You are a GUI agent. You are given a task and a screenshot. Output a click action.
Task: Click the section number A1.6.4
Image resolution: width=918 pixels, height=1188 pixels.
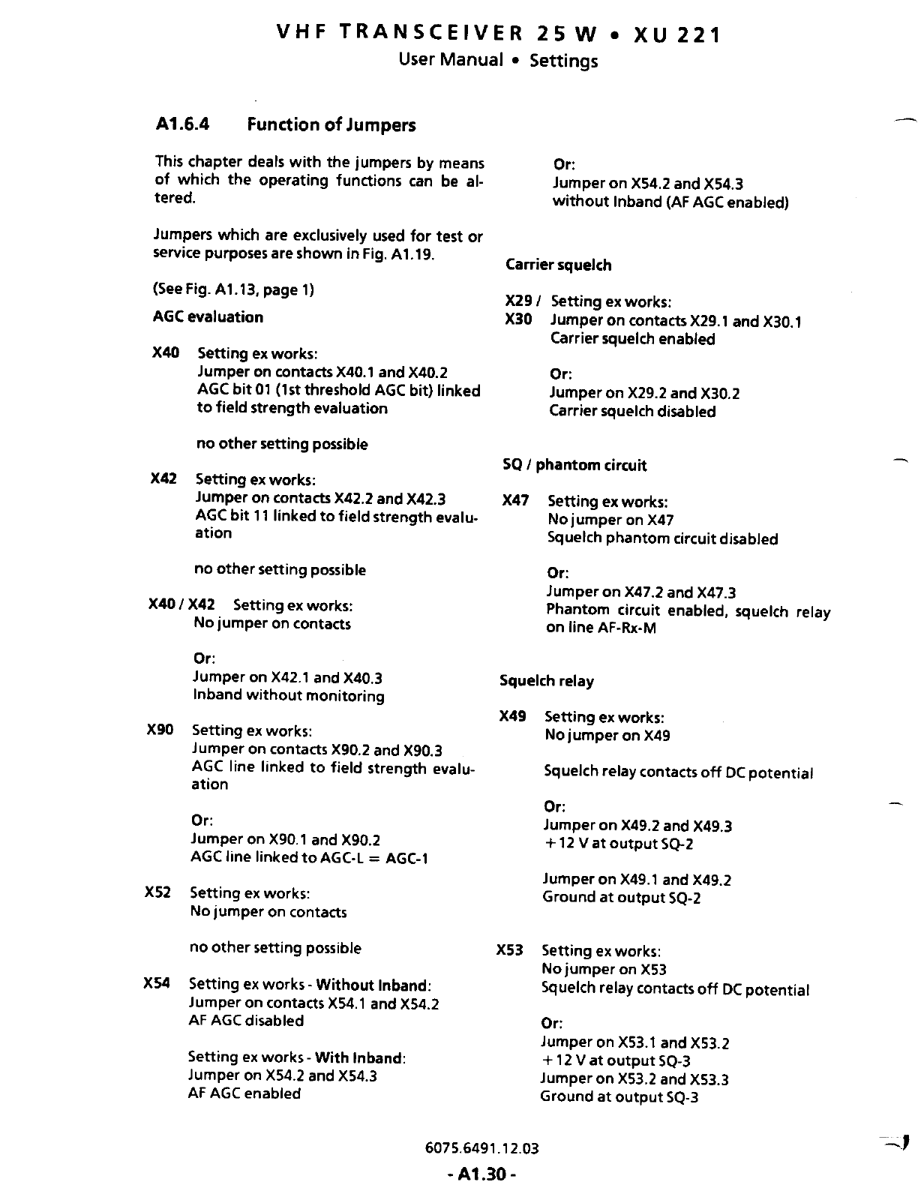click(181, 124)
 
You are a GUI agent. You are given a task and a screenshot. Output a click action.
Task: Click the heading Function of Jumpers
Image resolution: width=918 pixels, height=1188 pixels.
click(331, 124)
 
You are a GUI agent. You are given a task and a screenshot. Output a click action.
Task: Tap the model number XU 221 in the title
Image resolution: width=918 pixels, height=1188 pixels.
click(677, 34)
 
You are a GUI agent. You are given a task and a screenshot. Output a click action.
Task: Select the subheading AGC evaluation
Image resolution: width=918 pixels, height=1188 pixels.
click(208, 317)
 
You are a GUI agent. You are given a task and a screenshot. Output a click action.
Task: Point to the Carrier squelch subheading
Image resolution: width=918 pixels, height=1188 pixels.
click(558, 265)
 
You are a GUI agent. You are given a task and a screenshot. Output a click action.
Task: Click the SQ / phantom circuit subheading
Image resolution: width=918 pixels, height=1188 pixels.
click(574, 465)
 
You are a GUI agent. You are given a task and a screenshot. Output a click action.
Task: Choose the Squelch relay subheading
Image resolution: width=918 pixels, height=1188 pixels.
click(546, 681)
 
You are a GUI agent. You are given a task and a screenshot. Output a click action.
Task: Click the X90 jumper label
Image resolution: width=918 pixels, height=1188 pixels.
click(160, 730)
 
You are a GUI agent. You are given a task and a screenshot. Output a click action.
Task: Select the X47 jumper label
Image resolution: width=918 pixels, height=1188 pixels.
click(515, 501)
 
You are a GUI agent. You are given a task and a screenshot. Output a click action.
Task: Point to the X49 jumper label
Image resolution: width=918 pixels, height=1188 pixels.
click(512, 717)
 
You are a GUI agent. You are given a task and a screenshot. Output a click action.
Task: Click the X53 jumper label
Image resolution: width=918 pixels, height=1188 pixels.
click(510, 951)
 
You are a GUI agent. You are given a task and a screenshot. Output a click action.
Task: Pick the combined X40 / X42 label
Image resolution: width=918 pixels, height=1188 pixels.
click(182, 604)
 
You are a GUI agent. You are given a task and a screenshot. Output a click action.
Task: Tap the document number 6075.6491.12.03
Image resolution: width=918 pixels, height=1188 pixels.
click(481, 1148)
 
